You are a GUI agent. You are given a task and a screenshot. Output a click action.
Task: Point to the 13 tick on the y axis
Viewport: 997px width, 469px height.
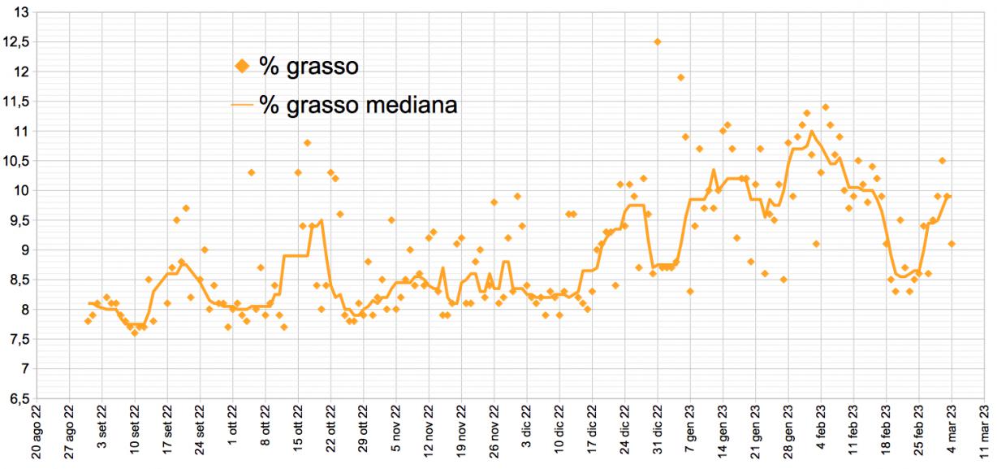(21, 12)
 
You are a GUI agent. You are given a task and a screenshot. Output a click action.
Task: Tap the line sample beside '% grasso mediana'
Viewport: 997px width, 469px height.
(242, 104)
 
